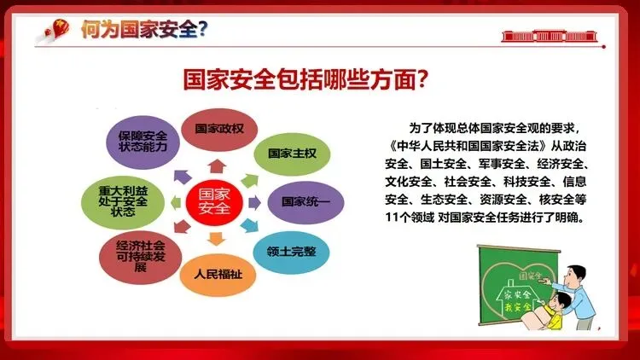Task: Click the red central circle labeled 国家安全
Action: pos(214,202)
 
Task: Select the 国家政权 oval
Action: pos(219,130)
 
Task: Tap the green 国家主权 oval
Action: pos(292,154)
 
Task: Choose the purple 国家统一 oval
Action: pos(305,202)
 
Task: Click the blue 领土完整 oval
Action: pos(291,252)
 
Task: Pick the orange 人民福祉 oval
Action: pos(218,275)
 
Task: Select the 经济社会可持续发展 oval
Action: pos(141,257)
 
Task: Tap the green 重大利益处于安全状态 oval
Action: pos(123,202)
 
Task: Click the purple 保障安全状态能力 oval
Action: pos(143,142)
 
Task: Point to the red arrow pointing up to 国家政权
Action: pos(217,166)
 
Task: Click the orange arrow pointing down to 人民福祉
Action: pos(217,239)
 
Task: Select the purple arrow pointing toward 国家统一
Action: pos(254,202)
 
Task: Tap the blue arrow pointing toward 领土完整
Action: pos(249,225)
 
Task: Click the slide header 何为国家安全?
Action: pos(144,30)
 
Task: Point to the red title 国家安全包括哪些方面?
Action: pos(305,79)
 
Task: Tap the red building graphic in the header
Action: pos(550,37)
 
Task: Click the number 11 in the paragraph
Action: pos(392,218)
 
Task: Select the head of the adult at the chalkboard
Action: pos(577,276)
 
